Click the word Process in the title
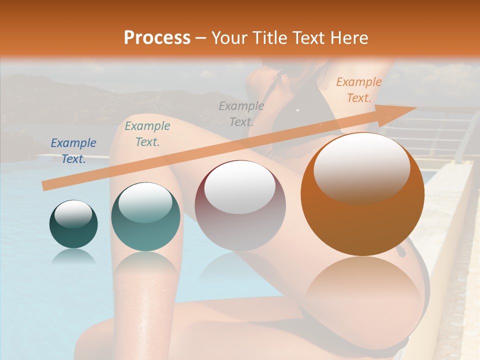(157, 38)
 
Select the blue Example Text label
(73, 151)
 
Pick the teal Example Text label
(147, 134)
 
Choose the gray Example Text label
(241, 113)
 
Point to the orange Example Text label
(358, 90)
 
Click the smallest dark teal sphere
(73, 232)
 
